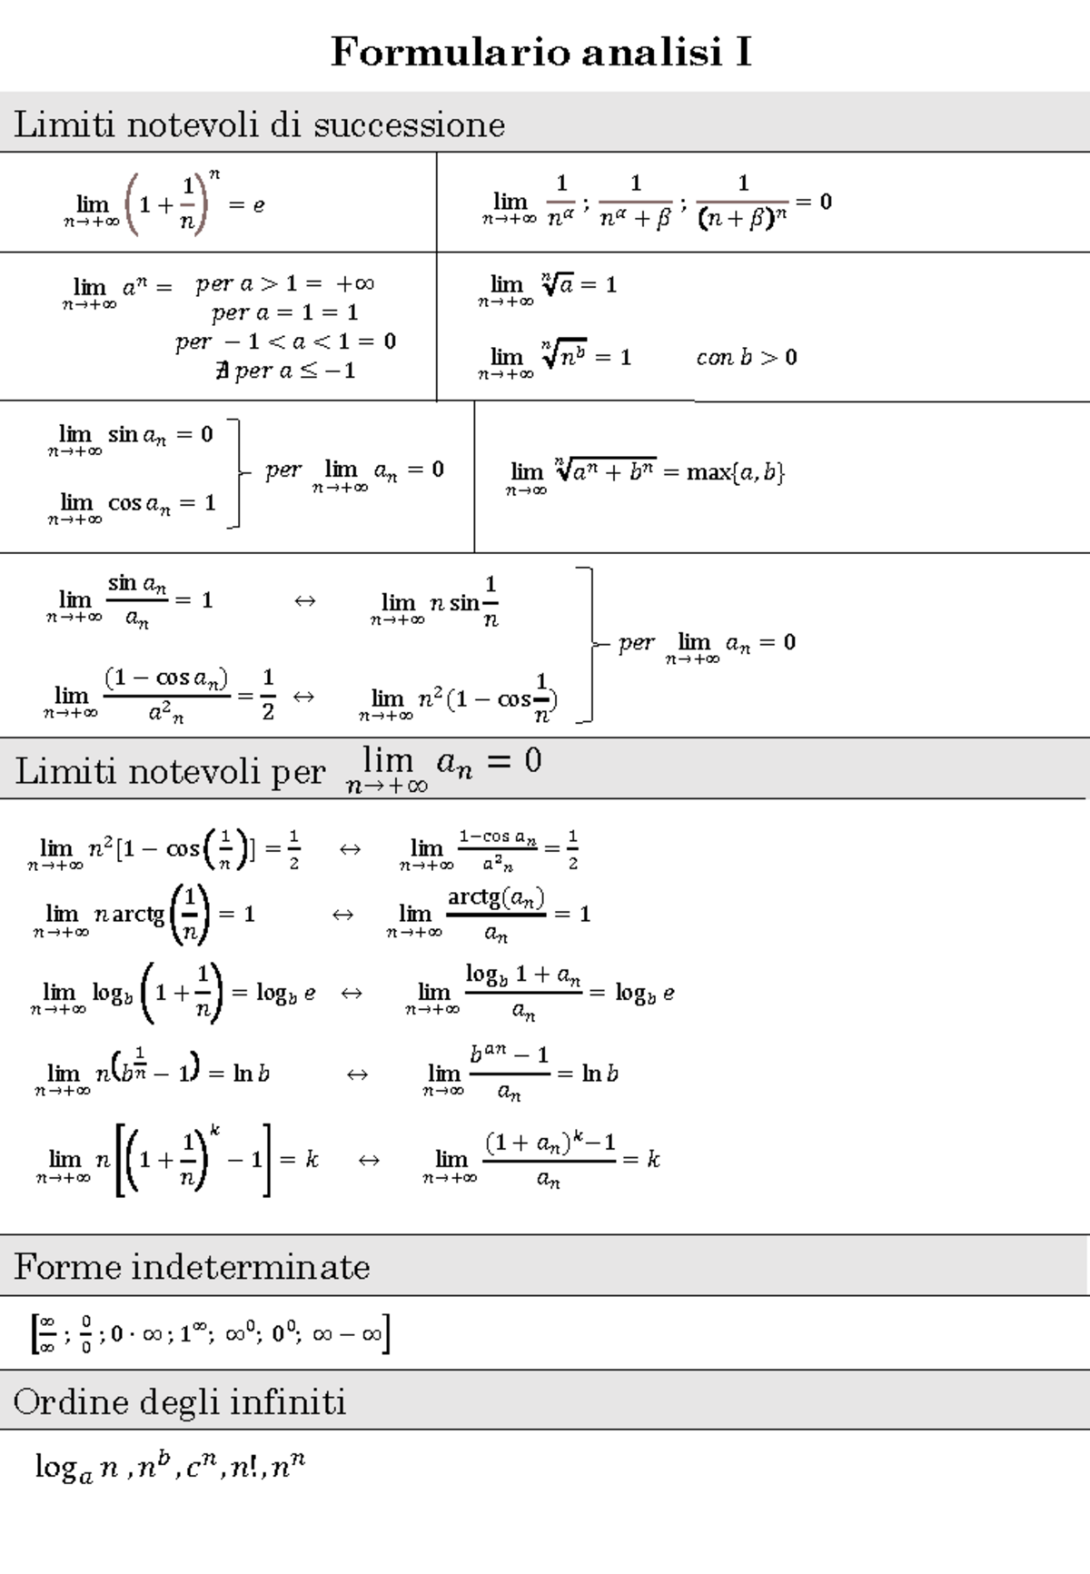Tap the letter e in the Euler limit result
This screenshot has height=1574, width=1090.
click(259, 205)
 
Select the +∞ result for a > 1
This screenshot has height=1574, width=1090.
click(355, 283)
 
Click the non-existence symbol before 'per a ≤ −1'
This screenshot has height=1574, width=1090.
click(222, 371)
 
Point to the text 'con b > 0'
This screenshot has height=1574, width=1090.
click(746, 358)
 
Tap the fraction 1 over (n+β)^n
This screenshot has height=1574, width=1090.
click(742, 203)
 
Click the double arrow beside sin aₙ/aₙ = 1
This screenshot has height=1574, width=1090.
click(304, 601)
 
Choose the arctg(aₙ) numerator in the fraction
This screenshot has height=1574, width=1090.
click(496, 898)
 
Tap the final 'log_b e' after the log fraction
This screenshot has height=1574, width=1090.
click(644, 993)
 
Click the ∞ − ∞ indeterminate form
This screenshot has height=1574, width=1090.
click(346, 1335)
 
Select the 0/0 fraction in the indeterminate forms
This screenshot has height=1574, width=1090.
click(85, 1334)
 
